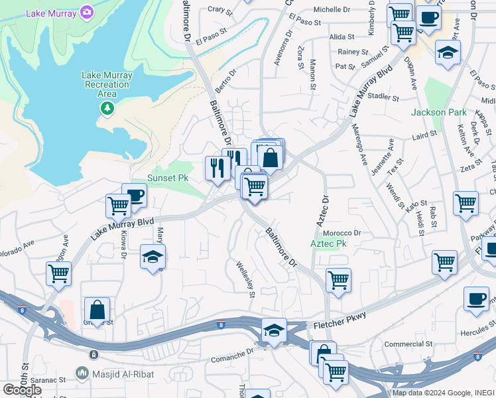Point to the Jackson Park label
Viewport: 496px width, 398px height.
click(x=438, y=112)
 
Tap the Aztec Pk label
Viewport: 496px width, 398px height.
click(x=328, y=244)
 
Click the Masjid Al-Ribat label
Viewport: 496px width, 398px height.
click(x=124, y=374)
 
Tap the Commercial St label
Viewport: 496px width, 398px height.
click(x=408, y=344)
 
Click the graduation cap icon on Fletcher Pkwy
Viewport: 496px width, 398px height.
click(x=273, y=330)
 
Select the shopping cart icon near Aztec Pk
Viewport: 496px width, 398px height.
click(x=338, y=280)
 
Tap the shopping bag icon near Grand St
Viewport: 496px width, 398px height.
click(x=97, y=309)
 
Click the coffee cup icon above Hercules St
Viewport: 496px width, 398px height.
click(x=475, y=298)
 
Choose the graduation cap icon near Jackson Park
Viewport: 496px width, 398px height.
click(x=448, y=52)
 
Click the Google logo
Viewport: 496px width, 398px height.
click(x=22, y=389)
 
